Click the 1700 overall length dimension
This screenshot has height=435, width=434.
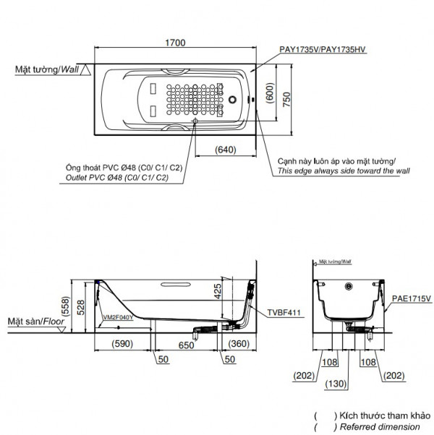[174, 43]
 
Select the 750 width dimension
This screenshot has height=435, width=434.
[287, 100]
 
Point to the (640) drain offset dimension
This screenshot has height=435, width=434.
[226, 151]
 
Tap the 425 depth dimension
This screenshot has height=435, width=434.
[218, 290]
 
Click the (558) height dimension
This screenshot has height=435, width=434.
[66, 306]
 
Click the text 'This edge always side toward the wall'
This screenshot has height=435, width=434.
[343, 171]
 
